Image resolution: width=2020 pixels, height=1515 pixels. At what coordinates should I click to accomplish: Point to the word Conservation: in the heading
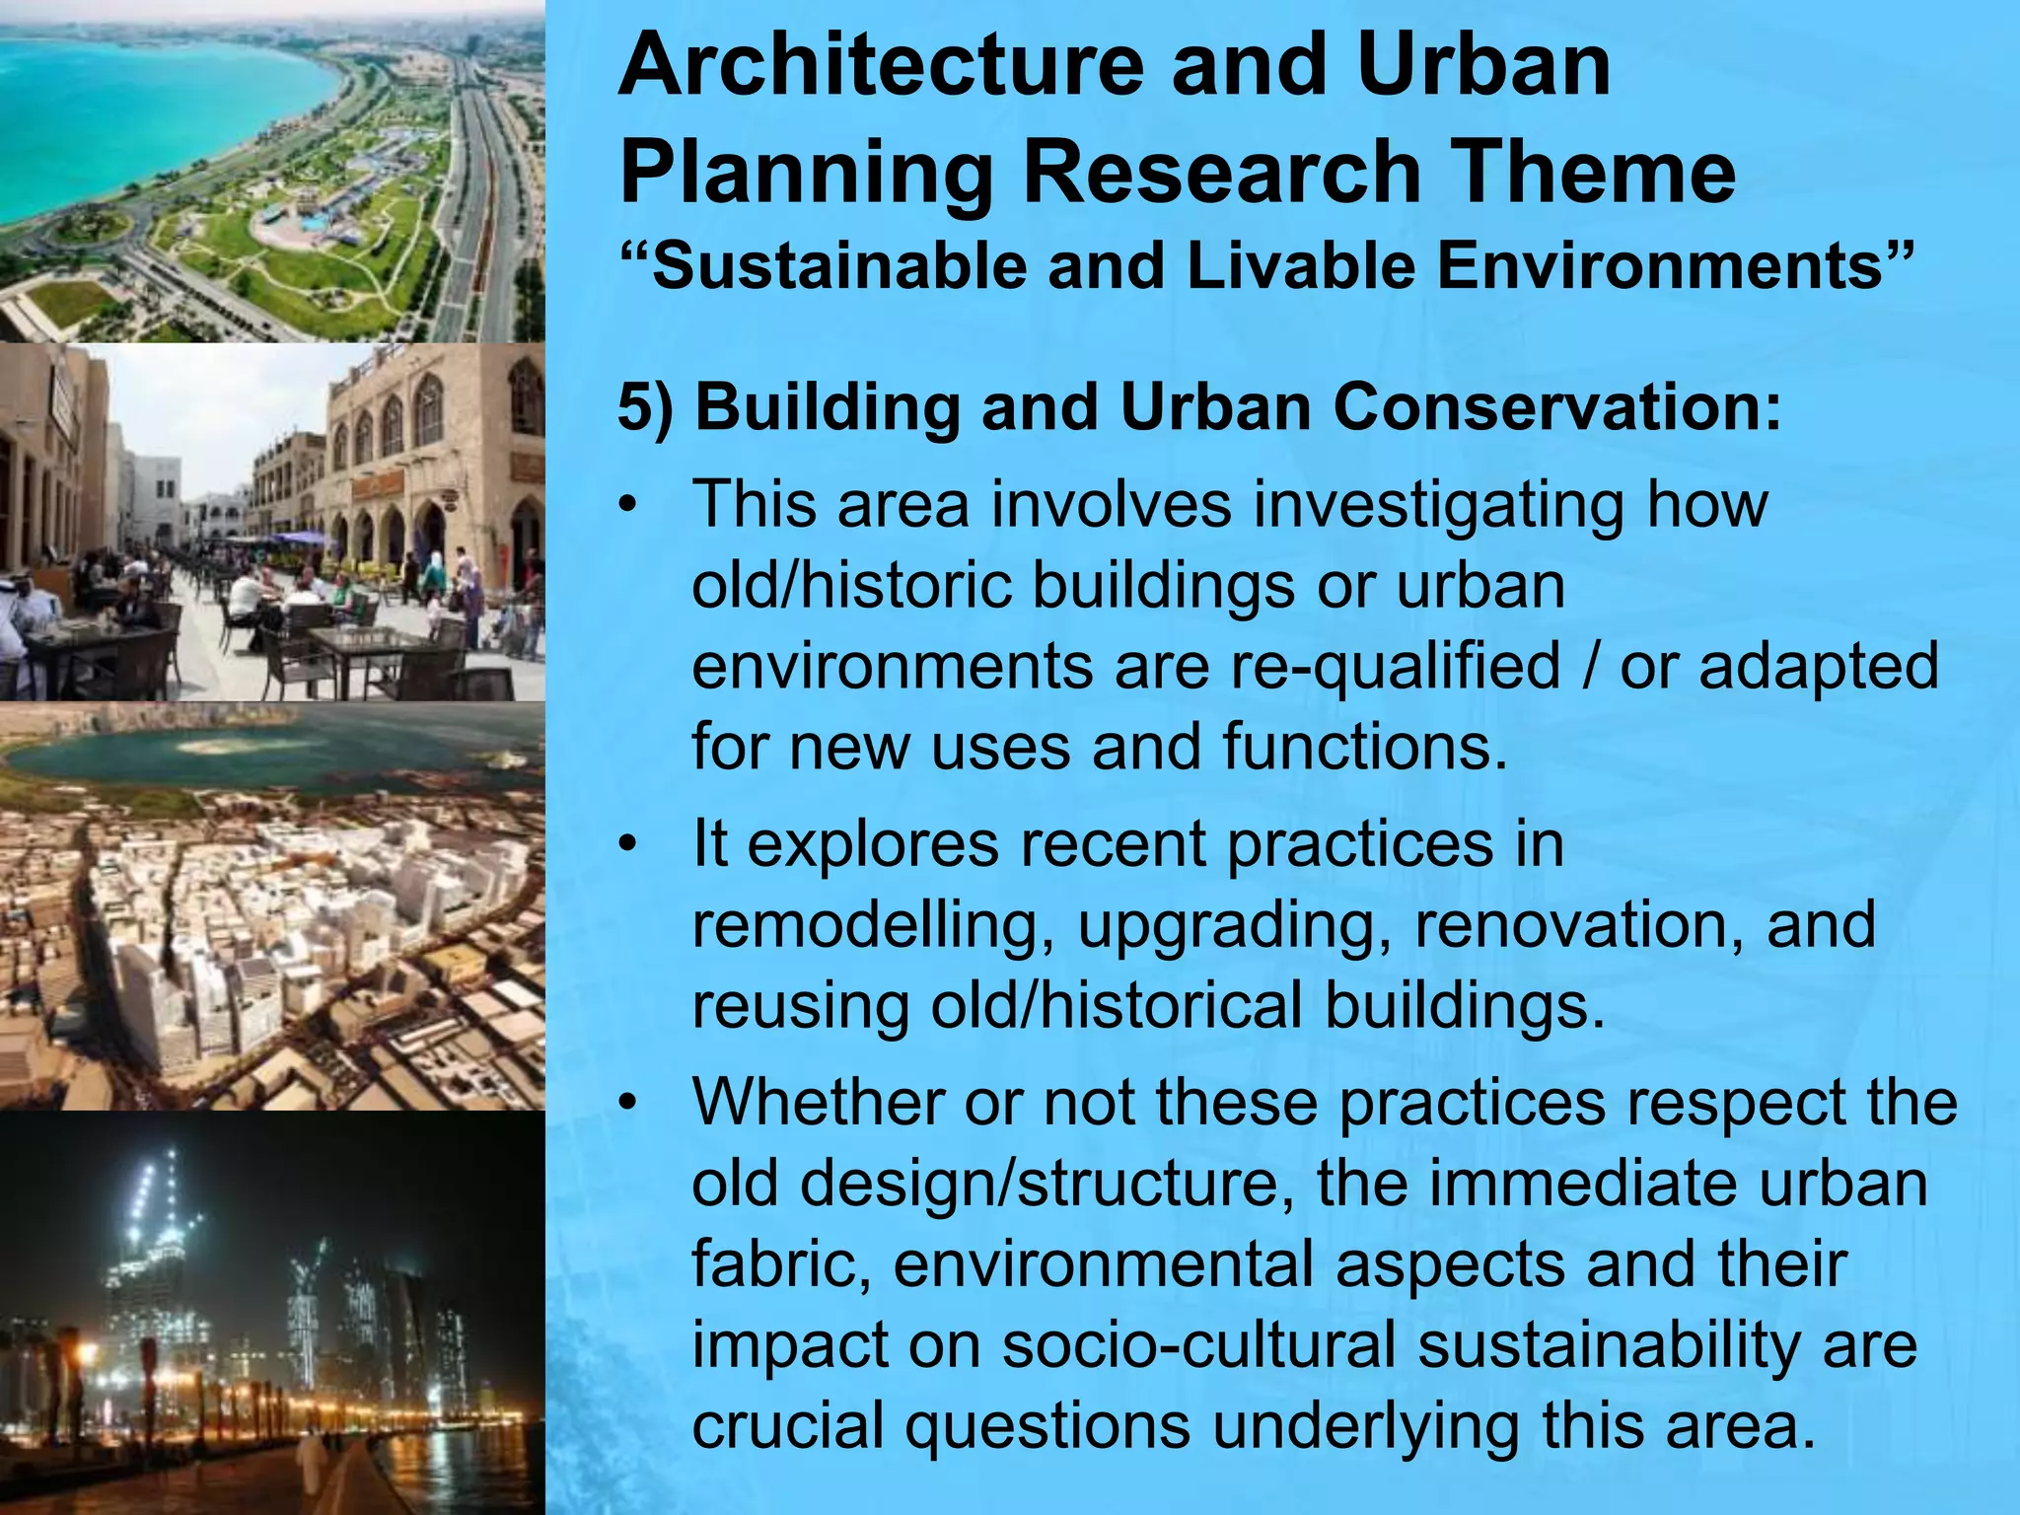[x=1557, y=407]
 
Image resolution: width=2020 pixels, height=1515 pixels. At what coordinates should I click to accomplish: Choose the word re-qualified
[x=1395, y=666]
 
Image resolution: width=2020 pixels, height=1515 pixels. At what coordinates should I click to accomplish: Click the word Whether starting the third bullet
[x=818, y=1102]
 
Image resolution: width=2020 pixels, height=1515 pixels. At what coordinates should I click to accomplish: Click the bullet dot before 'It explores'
[x=628, y=846]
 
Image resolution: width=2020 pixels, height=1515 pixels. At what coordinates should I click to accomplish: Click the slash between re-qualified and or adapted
[x=1589, y=666]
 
